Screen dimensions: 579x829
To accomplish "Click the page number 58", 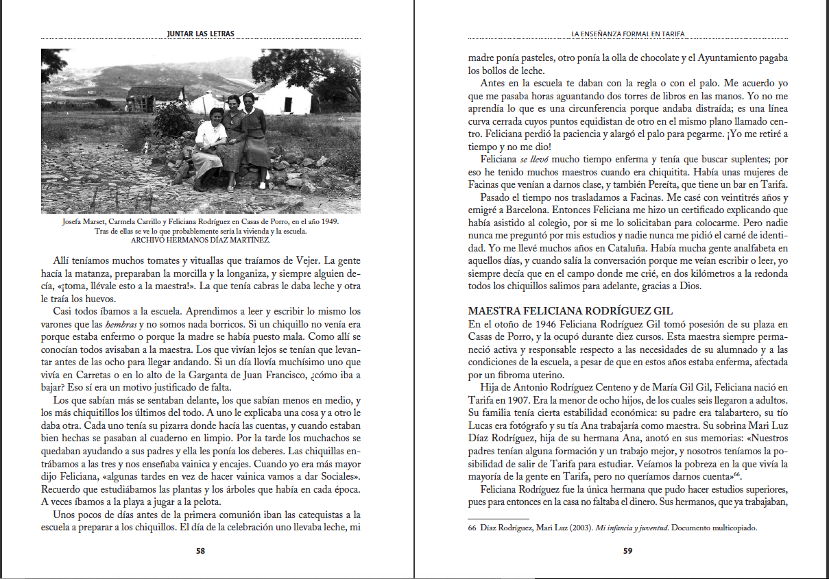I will click(x=200, y=550).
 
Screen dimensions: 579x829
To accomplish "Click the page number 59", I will click(x=627, y=550).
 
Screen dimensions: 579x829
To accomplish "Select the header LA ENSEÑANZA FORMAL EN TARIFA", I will click(x=628, y=34).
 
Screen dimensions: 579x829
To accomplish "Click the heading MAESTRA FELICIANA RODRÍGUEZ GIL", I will click(x=570, y=311).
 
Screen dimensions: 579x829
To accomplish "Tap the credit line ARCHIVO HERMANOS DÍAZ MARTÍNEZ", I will click(x=200, y=240).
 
